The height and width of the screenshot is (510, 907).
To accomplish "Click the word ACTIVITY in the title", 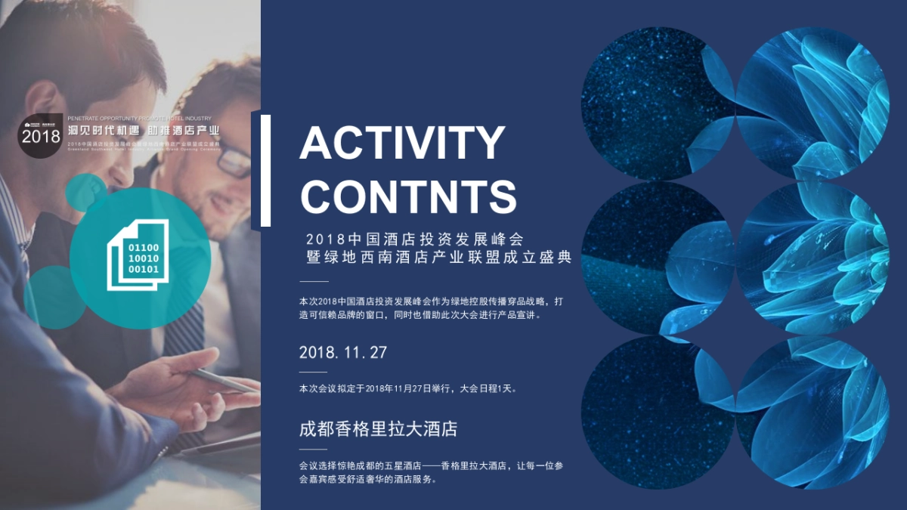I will tap(402, 144).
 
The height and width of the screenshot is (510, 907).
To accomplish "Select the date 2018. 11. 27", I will tap(343, 352).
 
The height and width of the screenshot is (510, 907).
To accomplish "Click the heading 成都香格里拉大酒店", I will tap(379, 429).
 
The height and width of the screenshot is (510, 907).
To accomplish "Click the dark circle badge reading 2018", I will tap(40, 136).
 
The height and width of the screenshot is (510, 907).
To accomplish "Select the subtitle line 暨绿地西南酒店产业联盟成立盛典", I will tap(435, 257).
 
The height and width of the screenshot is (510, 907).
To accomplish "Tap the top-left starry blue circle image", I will tap(656, 102).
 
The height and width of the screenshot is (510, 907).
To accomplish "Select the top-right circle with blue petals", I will tap(813, 102).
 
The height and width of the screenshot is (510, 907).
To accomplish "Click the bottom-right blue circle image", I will tap(813, 412).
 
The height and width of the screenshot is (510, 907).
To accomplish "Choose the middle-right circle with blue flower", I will tap(813, 257).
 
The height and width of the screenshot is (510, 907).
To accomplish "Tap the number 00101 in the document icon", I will tap(143, 269).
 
